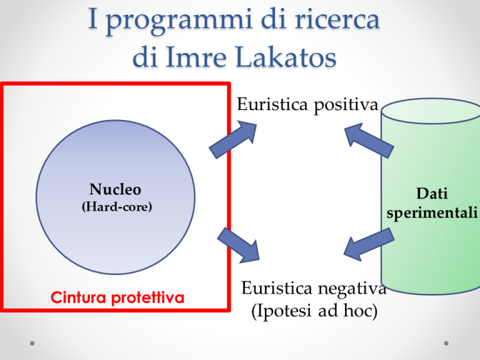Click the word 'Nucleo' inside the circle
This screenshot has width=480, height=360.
(115, 189)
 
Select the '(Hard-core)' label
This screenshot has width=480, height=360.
(116, 207)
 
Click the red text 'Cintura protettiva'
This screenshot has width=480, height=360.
(117, 297)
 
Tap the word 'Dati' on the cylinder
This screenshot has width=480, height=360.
(432, 195)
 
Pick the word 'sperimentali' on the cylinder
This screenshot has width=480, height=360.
(432, 213)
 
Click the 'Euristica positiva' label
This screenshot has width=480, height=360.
(307, 104)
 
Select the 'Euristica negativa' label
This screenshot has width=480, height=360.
(313, 288)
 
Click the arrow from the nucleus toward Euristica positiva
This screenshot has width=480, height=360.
(233, 139)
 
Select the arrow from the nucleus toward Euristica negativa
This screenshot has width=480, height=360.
(238, 244)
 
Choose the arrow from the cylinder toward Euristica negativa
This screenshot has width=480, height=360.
(369, 244)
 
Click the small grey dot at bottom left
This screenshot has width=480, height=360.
(32, 343)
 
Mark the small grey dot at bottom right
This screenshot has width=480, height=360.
(447, 343)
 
